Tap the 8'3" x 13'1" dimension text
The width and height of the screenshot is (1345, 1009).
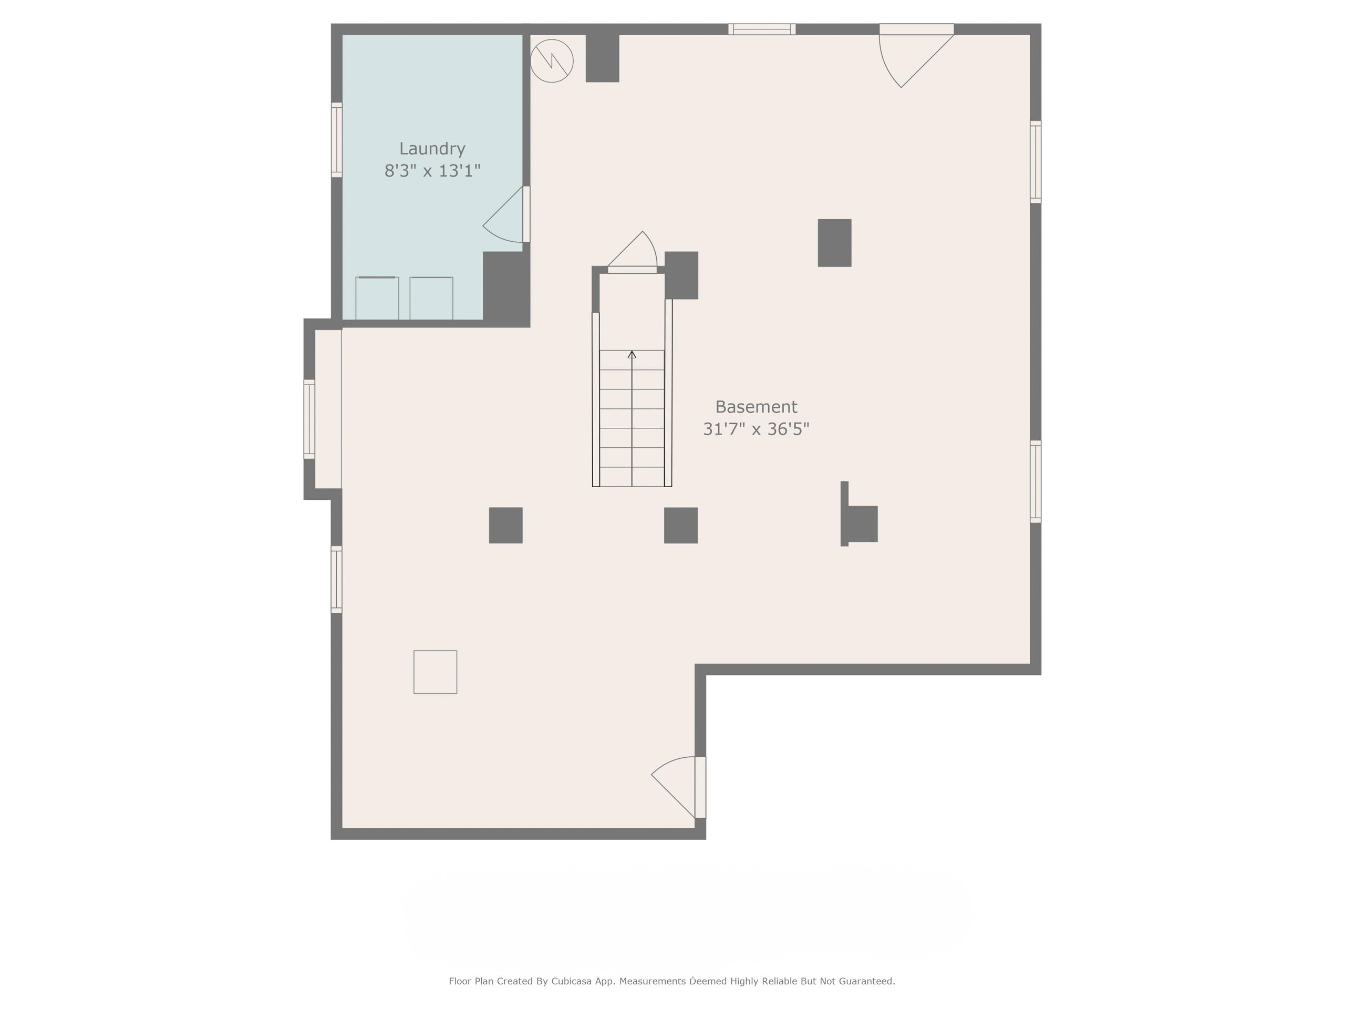click(432, 171)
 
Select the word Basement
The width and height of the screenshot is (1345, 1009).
click(756, 407)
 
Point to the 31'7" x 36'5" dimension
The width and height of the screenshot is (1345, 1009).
click(756, 429)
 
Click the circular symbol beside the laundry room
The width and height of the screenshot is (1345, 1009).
click(552, 61)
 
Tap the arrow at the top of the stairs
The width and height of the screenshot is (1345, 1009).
click(632, 355)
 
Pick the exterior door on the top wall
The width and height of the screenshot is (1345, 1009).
click(916, 55)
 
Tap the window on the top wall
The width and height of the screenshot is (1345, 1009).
click(762, 29)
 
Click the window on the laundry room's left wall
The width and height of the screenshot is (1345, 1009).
click(336, 140)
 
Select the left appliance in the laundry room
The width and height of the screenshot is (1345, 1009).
click(377, 298)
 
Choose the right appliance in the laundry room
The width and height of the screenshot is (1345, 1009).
click(431, 298)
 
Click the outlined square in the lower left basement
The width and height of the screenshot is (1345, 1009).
click(436, 672)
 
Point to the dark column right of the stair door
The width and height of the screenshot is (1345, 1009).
click(681, 275)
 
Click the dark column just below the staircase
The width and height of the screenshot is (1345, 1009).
click(680, 526)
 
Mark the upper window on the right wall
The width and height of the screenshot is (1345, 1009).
click(1036, 162)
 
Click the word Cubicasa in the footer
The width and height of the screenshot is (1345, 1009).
click(573, 981)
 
